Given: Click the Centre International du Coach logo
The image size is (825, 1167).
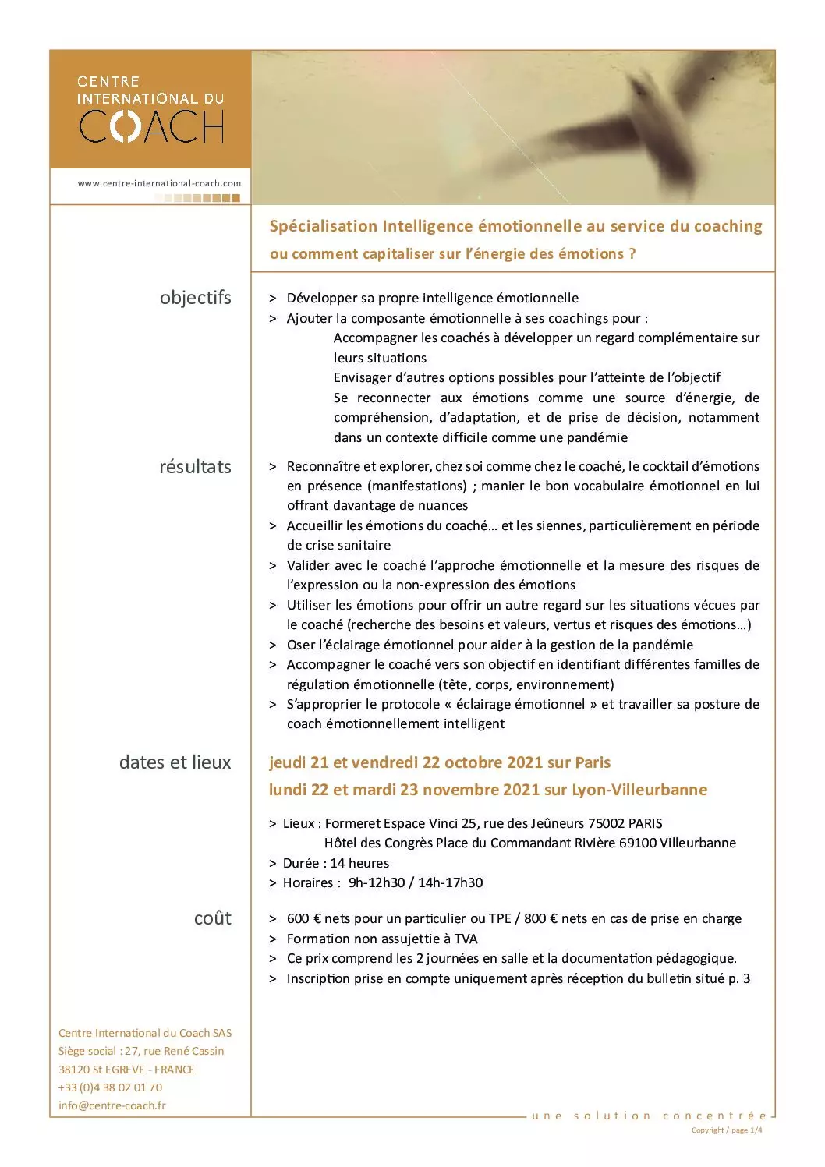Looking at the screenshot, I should click(x=150, y=109).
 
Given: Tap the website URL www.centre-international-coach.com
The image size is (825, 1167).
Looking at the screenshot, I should click(x=159, y=183).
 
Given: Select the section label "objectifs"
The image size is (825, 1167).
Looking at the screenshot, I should click(x=195, y=298).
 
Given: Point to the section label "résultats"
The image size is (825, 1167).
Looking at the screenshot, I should click(x=195, y=467).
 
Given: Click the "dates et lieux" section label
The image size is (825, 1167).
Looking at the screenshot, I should click(x=175, y=762).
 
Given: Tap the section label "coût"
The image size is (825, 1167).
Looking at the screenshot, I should click(x=212, y=918).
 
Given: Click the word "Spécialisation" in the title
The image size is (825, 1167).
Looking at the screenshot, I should click(x=323, y=226).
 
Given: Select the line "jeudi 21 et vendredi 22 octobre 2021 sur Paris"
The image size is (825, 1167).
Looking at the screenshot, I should click(x=440, y=762).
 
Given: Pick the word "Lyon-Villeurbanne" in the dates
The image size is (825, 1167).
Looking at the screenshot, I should click(x=639, y=790).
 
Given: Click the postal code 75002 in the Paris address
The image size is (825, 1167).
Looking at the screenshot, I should click(x=605, y=823).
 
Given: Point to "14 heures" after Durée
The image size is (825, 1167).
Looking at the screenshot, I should click(x=359, y=863).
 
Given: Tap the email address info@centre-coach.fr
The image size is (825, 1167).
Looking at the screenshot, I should click(x=112, y=1105).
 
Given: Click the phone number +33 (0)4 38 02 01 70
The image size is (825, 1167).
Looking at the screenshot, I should click(x=110, y=1087).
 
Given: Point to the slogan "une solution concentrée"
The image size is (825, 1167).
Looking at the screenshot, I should click(x=649, y=1116).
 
